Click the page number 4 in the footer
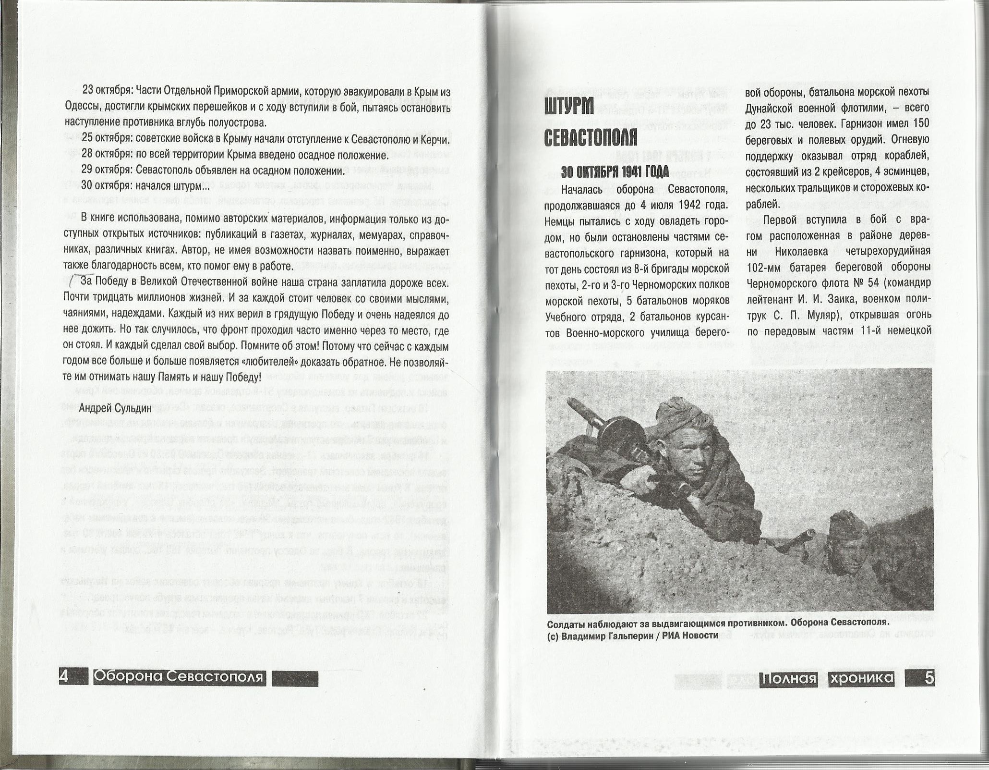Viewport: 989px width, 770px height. (64, 677)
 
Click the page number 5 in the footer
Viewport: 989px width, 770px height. (929, 678)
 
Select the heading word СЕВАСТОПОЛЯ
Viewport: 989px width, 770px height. (591, 138)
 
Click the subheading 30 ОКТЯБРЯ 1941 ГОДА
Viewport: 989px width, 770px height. (615, 172)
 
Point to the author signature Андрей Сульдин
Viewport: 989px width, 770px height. (115, 408)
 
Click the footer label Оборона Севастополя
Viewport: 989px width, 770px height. (179, 677)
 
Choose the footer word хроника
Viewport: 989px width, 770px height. (862, 678)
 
